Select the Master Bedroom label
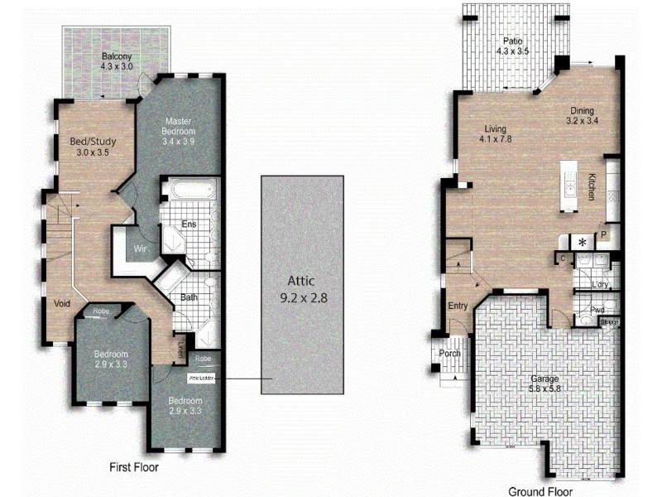179,126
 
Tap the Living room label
496,129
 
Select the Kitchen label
592,186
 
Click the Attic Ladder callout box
202,379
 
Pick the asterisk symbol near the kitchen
583,242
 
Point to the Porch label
450,354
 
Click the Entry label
458,306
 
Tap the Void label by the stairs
61,302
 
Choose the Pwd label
598,311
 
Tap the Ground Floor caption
540,490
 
